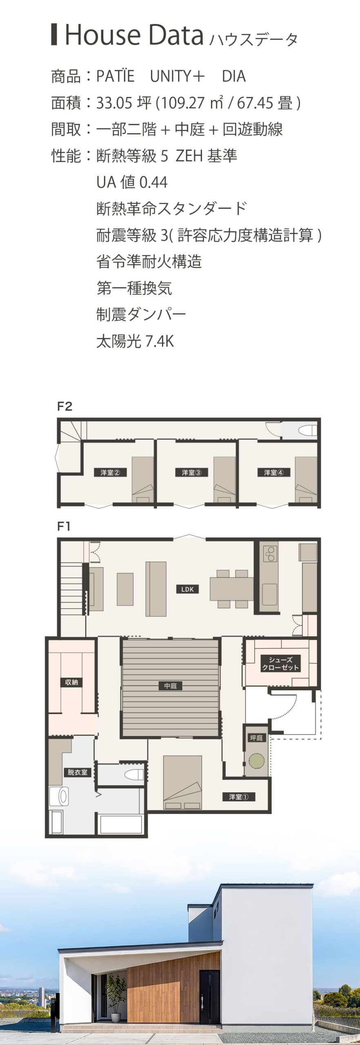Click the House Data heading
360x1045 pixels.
[134, 35]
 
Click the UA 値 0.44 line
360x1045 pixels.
[132, 182]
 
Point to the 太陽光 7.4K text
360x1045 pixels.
[135, 341]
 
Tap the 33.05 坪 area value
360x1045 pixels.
[124, 103]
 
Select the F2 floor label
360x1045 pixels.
[65, 407]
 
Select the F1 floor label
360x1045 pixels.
[64, 527]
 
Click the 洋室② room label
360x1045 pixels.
[110, 472]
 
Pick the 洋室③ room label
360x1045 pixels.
[191, 472]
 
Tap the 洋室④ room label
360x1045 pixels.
[273, 472]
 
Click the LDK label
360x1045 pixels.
[187, 589]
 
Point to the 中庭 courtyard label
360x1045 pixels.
[170, 686]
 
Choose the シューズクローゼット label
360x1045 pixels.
[281, 664]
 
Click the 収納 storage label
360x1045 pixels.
[71, 682]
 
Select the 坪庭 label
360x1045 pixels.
[256, 738]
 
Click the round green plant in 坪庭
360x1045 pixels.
[257, 760]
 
